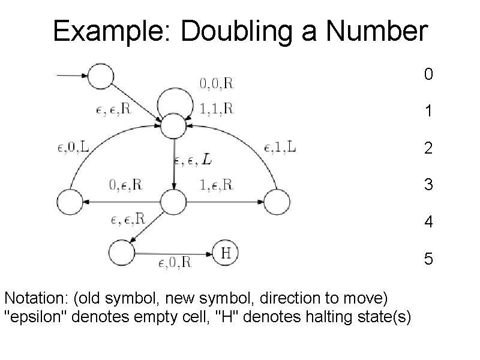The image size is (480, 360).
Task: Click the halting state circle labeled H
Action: click(226, 254)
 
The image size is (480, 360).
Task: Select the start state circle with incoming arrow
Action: click(100, 76)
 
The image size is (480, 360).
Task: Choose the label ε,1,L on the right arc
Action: click(280, 147)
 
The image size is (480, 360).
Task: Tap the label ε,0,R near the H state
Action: click(175, 262)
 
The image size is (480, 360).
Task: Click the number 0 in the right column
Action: click(427, 74)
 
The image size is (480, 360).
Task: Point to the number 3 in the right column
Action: click(427, 185)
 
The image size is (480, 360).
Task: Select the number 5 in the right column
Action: click(427, 259)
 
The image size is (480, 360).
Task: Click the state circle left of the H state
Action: click(122, 254)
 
